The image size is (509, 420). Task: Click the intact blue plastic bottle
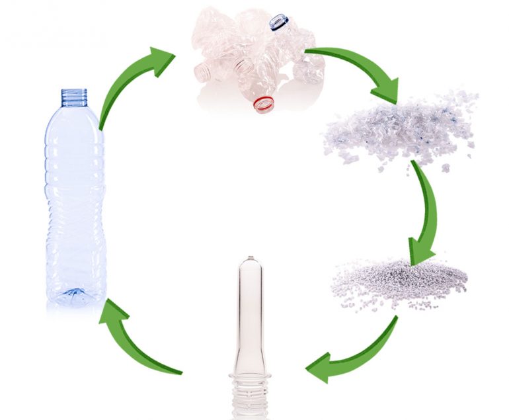pos(75,198)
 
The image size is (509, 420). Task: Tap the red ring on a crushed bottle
pos(264,104)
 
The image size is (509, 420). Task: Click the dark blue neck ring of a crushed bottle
pos(278,23)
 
